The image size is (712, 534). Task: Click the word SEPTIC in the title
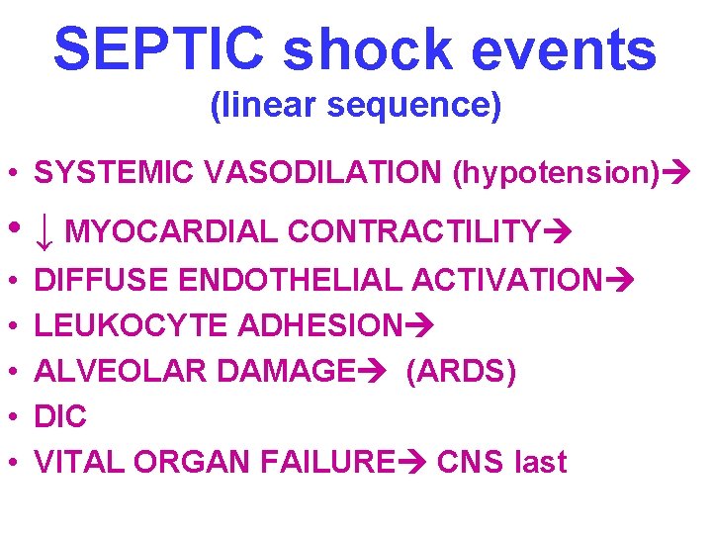[x=159, y=48]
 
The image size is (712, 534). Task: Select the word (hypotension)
[x=555, y=174]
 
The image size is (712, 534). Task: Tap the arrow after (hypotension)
[x=674, y=174]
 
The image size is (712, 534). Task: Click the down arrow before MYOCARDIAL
[x=44, y=232]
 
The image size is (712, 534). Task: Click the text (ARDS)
[x=460, y=372]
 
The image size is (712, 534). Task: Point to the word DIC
[x=60, y=417]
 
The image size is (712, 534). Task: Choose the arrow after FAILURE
[x=410, y=463]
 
